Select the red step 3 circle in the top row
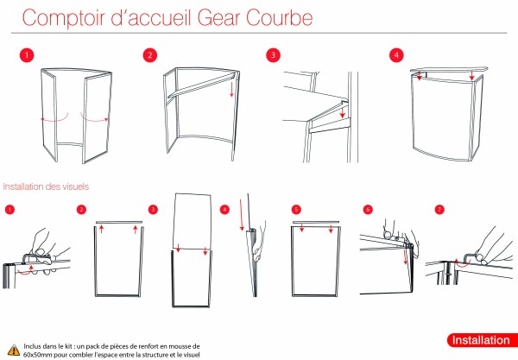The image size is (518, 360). click(273, 54)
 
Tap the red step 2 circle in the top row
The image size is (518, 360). click(151, 54)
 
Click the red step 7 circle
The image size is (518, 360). click(439, 210)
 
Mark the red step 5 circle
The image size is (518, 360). click(296, 210)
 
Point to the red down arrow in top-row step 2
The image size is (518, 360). click(232, 88)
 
